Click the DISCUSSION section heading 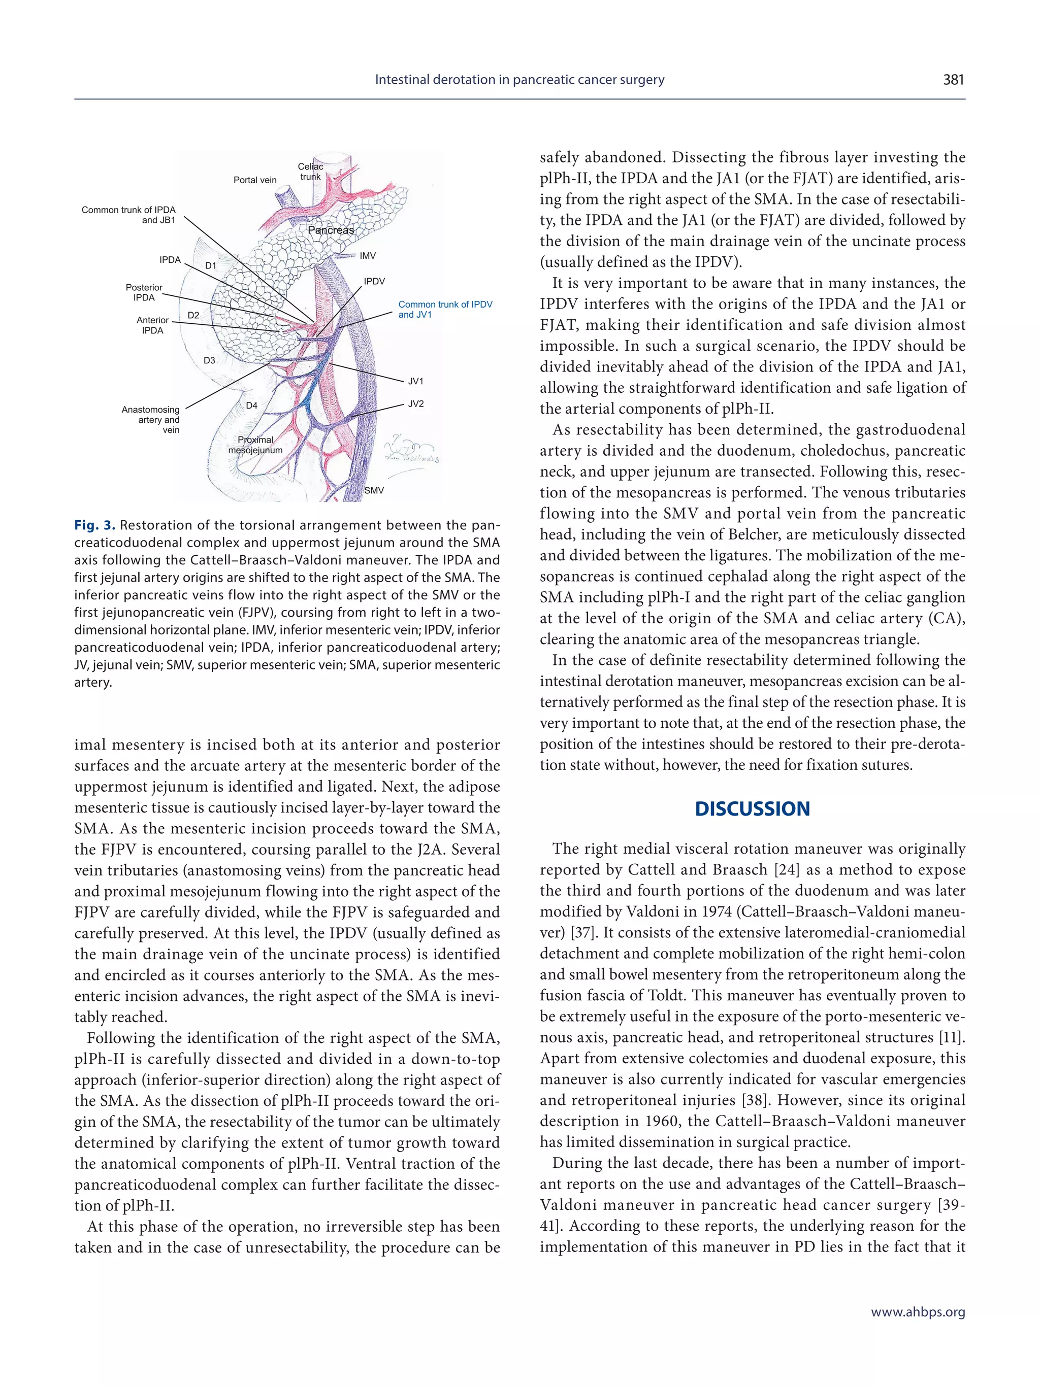click(752, 809)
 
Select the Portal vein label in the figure click(254, 180)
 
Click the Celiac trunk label click(310, 172)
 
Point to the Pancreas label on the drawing click(331, 230)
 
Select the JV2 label click(415, 404)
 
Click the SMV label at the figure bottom click(374, 491)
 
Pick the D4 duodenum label click(251, 405)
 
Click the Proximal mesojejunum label click(255, 445)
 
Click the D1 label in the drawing click(211, 265)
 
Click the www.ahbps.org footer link click(918, 1312)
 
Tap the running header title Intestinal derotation click(519, 80)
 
